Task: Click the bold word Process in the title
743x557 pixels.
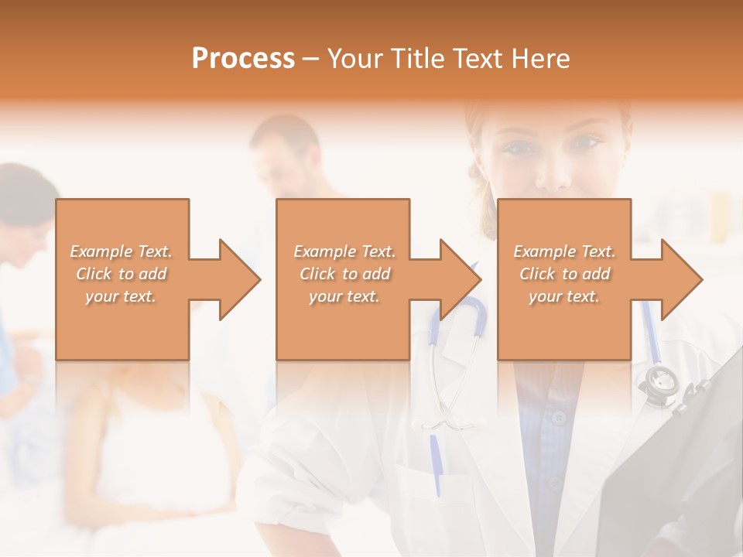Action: click(243, 59)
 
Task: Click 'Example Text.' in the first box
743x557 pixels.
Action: click(122, 251)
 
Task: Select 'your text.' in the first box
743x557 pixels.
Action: click(122, 296)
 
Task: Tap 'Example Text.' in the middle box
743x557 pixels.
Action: click(344, 251)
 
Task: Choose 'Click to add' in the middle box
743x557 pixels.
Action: click(344, 274)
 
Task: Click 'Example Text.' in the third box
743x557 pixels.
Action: click(564, 251)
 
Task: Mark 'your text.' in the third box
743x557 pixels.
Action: click(564, 296)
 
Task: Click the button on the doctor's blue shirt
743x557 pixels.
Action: click(559, 418)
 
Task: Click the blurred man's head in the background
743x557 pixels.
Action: click(282, 151)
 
